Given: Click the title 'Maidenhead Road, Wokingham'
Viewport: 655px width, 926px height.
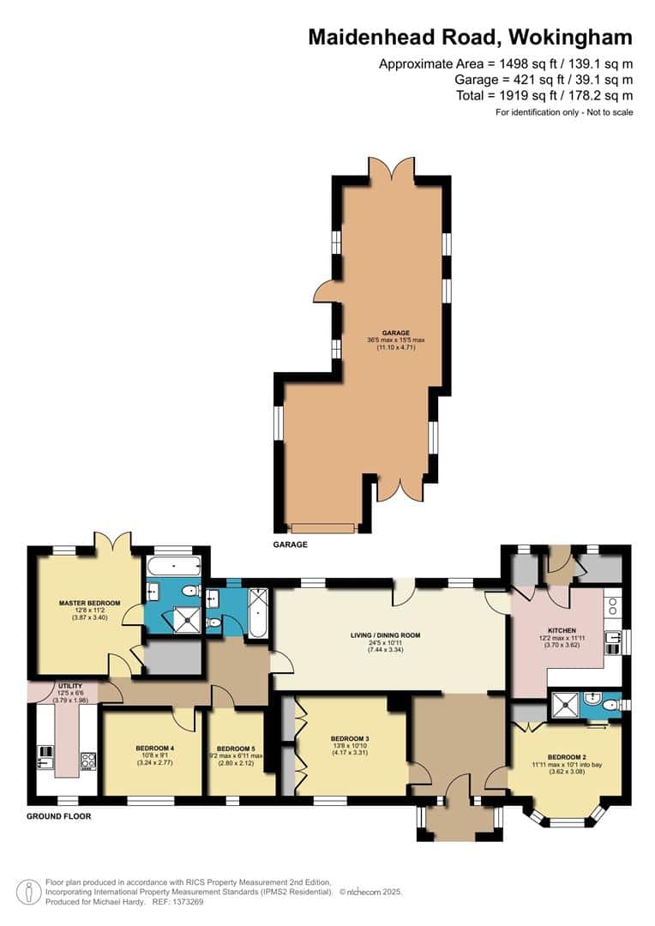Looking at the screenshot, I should pyautogui.click(x=471, y=37).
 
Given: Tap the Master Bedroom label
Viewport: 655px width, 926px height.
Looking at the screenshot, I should pyautogui.click(x=89, y=603).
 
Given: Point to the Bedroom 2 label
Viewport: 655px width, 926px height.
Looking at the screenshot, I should pyautogui.click(x=565, y=756).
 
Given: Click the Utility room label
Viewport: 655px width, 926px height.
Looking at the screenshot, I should pyautogui.click(x=69, y=686).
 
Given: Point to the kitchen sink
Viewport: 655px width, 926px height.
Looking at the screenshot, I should pyautogui.click(x=612, y=638).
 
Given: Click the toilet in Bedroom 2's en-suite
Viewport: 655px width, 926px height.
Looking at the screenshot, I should pyautogui.click(x=610, y=706).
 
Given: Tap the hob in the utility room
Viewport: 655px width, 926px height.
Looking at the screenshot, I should pyautogui.click(x=87, y=759).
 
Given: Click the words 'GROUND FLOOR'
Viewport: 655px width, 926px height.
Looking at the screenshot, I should pyautogui.click(x=58, y=816).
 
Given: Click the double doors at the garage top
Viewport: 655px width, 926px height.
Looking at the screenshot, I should pyautogui.click(x=391, y=168).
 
